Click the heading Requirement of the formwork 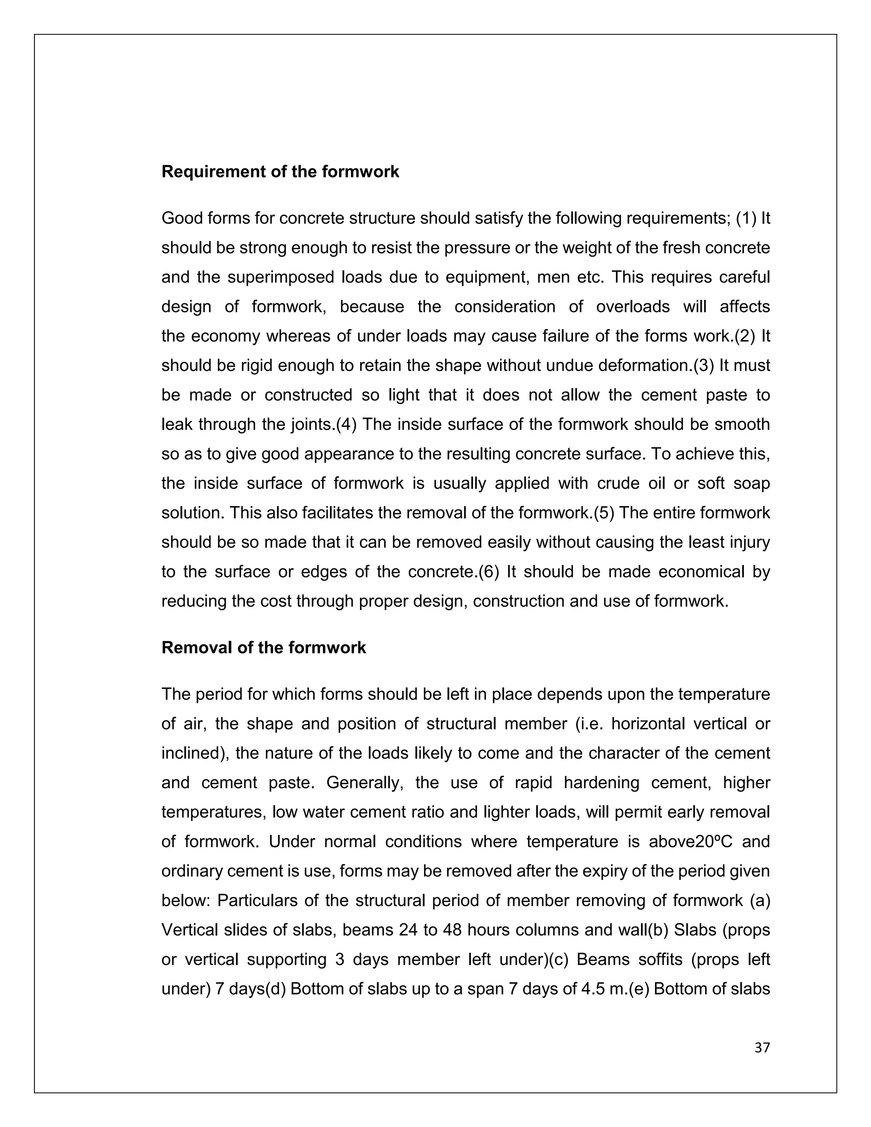click(x=280, y=172)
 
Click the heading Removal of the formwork click(x=264, y=648)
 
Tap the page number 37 click(x=762, y=1047)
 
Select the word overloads click(x=632, y=307)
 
